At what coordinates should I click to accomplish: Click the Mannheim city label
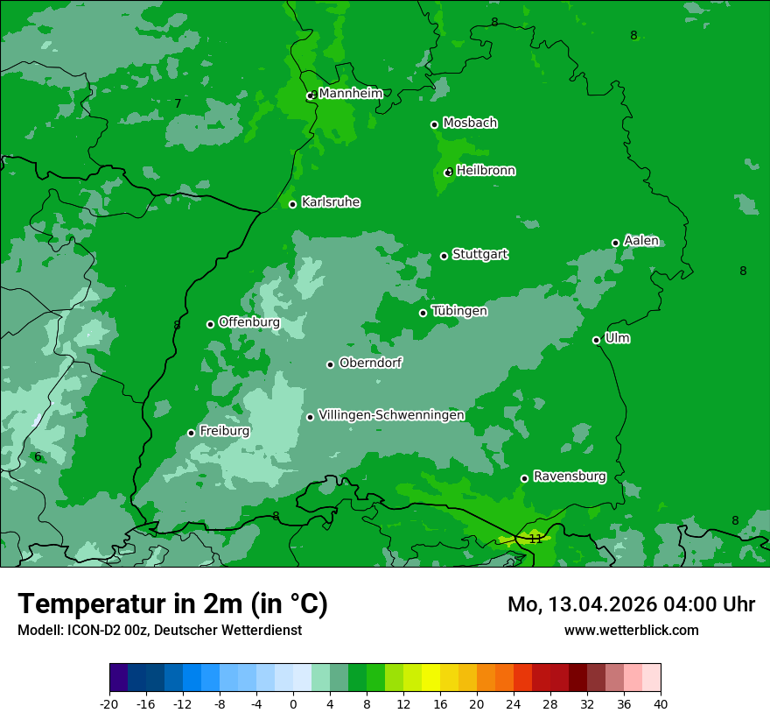pos(350,93)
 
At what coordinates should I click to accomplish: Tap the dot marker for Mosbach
pos(434,124)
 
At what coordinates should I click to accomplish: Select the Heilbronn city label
pos(486,171)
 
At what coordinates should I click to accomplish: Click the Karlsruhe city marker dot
pos(293,204)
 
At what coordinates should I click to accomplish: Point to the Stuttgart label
pos(479,254)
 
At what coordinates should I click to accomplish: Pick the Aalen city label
pos(641,241)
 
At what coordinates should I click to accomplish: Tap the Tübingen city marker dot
pos(423,313)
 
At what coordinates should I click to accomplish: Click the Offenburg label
pos(249,322)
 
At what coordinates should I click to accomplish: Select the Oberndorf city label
pos(370,363)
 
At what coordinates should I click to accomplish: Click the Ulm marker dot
pos(597,340)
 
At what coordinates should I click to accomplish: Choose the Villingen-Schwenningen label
pos(391,415)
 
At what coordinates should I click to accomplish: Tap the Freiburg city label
pos(224,431)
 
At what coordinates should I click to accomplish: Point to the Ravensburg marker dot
pos(525,478)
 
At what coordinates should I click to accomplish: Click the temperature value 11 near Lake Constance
pos(535,539)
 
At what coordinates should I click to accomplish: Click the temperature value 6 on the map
pos(38,456)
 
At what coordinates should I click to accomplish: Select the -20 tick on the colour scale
pos(109,703)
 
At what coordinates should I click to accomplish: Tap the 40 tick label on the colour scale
pos(661,703)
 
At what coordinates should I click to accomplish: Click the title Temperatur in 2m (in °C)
pos(172,603)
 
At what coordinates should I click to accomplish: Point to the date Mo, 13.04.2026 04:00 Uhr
pos(631,604)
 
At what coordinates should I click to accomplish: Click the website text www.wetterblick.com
pos(631,630)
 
